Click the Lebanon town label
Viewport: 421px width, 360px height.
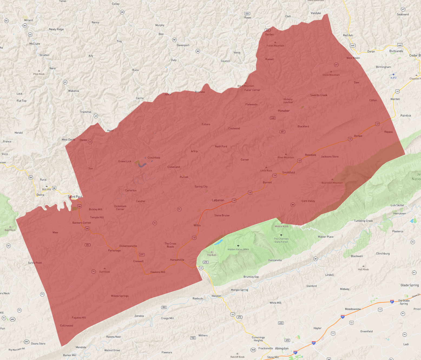218,200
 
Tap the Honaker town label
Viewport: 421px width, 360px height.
284,111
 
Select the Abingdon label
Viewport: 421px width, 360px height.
282,348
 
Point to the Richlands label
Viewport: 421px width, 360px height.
396,51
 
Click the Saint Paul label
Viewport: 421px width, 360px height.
75,197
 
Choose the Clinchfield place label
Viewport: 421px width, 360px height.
154,158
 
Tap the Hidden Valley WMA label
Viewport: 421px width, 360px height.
238,249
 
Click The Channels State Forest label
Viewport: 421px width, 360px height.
281,240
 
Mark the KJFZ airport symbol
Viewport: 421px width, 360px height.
393,74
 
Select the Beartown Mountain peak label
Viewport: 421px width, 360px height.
332,183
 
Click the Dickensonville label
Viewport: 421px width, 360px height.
128,246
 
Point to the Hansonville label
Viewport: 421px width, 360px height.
177,260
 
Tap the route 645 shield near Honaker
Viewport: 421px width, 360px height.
273,118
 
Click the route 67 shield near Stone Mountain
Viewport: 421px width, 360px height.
336,65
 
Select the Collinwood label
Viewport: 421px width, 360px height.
67,326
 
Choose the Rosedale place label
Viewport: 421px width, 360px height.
310,155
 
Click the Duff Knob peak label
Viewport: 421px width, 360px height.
104,272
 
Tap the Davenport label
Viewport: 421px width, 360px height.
183,45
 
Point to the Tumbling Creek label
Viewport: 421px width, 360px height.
363,221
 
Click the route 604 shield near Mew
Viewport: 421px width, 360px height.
87,245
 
